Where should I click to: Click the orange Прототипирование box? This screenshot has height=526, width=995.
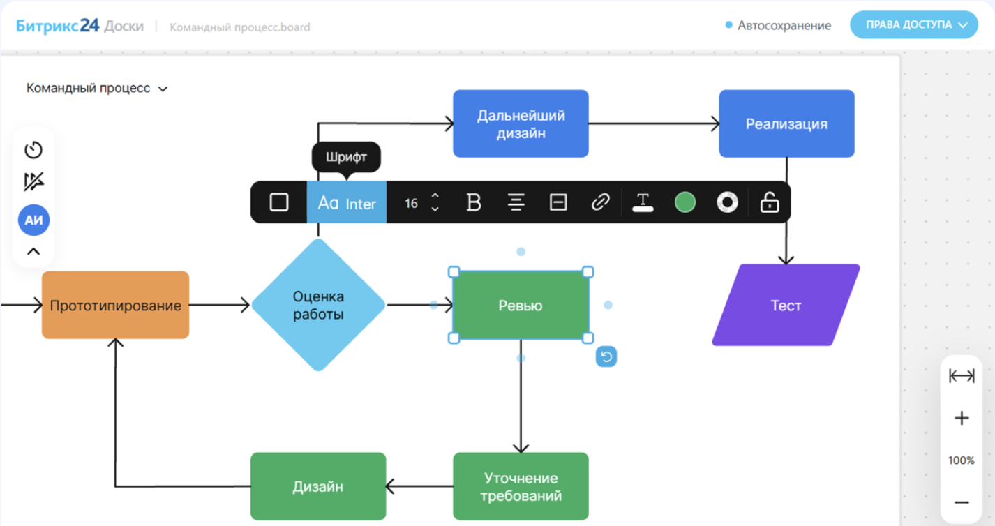pyautogui.click(x=115, y=305)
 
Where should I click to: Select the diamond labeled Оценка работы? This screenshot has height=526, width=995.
pyautogui.click(x=318, y=305)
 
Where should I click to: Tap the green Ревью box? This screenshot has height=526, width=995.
pyautogui.click(x=520, y=306)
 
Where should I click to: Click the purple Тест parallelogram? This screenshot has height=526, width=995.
pyautogui.click(x=786, y=306)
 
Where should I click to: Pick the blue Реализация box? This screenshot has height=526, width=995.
pyautogui.click(x=786, y=123)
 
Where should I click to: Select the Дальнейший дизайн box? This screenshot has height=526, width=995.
pyautogui.click(x=521, y=123)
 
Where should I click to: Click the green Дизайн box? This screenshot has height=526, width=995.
pyautogui.click(x=317, y=486)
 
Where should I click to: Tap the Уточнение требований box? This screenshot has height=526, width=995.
pyautogui.click(x=521, y=486)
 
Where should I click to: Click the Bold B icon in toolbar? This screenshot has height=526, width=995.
pyautogui.click(x=474, y=202)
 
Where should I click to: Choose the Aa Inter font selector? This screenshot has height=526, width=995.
pyautogui.click(x=346, y=202)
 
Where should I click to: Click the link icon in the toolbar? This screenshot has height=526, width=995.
pyautogui.click(x=600, y=202)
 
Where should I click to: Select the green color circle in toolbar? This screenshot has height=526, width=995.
pyautogui.click(x=684, y=202)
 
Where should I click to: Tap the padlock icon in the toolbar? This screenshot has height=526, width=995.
pyautogui.click(x=769, y=202)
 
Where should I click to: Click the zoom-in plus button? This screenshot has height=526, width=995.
pyautogui.click(x=962, y=418)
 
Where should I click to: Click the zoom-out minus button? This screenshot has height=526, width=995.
pyautogui.click(x=962, y=502)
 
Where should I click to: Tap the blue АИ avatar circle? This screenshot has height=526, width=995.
pyautogui.click(x=33, y=220)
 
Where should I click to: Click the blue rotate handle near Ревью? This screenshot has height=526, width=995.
pyautogui.click(x=606, y=357)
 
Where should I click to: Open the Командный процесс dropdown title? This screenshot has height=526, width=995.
pyautogui.click(x=97, y=89)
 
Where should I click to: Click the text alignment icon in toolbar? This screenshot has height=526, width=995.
pyautogui.click(x=516, y=202)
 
